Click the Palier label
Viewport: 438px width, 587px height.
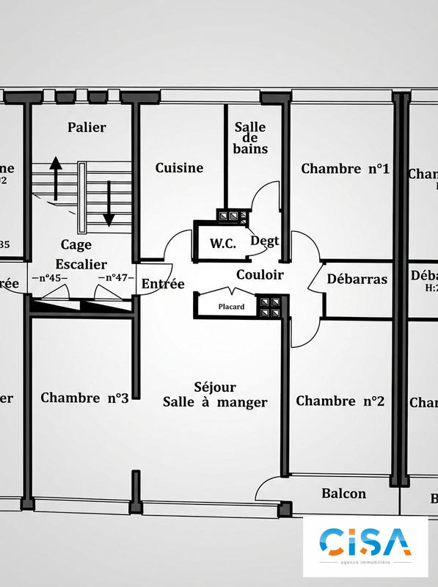tap(87, 127)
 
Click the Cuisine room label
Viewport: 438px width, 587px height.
tap(179, 168)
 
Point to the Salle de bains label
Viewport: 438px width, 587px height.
tap(250, 138)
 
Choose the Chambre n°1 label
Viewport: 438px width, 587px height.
tap(345, 169)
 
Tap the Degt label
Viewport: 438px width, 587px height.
tap(264, 240)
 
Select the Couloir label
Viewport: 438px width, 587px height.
tap(260, 274)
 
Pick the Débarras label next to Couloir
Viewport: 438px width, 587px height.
tap(357, 279)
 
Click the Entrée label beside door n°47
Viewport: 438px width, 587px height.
tap(163, 284)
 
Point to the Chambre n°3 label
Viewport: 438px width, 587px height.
tap(84, 398)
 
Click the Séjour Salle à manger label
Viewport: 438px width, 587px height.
tap(215, 394)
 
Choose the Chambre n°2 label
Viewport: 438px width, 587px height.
tap(340, 401)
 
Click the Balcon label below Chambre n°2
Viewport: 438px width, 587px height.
tap(343, 493)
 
